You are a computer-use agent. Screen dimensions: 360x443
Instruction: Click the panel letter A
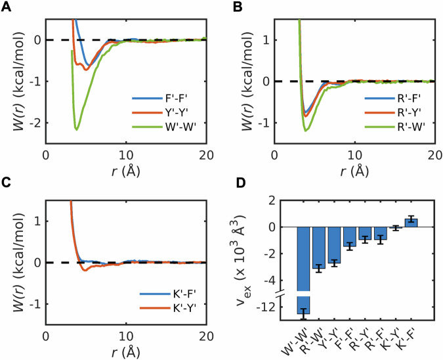tap(7, 7)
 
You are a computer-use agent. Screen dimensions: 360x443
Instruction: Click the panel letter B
tap(230, 7)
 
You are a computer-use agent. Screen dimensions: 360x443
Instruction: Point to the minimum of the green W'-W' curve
tap(77, 129)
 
